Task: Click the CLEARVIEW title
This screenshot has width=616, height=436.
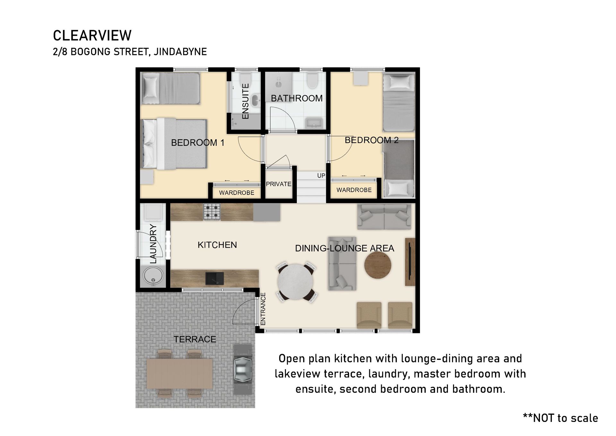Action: click(x=92, y=36)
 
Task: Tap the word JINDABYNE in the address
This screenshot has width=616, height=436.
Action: click(x=180, y=52)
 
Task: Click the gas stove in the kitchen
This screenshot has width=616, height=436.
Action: click(x=212, y=212)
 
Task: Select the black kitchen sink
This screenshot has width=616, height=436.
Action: click(x=215, y=278)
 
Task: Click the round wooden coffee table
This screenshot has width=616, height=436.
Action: click(x=378, y=265)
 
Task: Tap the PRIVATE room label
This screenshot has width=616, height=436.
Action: click(x=278, y=184)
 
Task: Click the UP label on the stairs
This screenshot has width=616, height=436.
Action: click(x=321, y=176)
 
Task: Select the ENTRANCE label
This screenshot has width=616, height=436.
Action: click(x=263, y=309)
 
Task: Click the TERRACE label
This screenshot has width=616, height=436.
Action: click(x=195, y=339)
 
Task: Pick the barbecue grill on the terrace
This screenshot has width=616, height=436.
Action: click(x=243, y=369)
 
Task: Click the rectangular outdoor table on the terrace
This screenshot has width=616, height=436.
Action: click(x=180, y=374)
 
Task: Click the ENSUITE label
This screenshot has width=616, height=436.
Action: click(x=245, y=101)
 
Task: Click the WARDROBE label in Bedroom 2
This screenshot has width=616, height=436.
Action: click(x=354, y=190)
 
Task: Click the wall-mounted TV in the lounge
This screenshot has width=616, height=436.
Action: click(x=410, y=262)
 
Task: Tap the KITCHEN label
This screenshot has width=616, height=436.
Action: click(x=217, y=245)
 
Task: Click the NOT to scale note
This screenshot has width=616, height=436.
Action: click(x=560, y=418)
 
